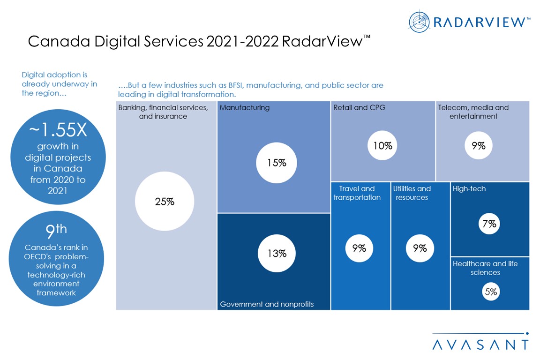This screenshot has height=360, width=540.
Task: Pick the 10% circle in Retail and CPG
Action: point(382,146)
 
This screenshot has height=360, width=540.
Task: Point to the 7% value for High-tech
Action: point(489,224)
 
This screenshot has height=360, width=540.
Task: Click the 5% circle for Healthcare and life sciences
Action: point(491,292)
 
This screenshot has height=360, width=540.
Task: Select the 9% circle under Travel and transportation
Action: point(359,248)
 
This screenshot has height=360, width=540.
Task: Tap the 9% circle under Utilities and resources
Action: point(420,248)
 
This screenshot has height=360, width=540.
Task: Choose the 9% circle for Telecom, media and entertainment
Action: point(478,146)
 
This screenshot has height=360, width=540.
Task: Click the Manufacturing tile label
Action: point(244,108)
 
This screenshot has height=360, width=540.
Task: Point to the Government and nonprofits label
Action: point(267,304)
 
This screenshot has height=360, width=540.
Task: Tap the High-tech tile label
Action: point(469,189)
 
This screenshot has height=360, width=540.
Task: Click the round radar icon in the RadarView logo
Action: point(419,22)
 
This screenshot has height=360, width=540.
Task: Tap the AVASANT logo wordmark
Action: point(480,345)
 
